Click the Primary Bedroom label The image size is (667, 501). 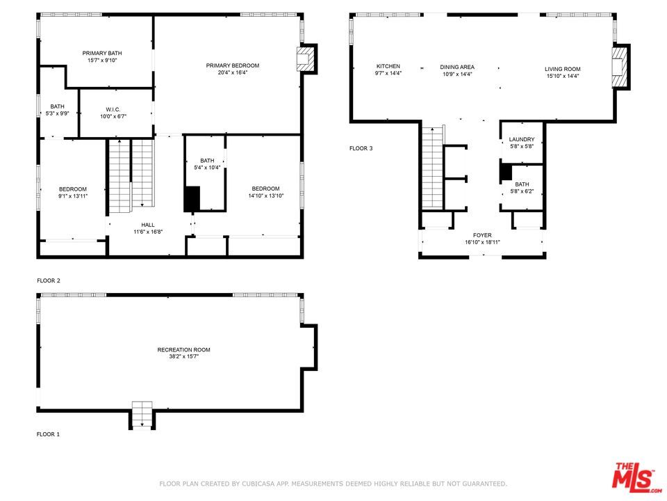pyautogui.click(x=233, y=65)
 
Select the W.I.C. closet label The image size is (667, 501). pyautogui.click(x=114, y=109)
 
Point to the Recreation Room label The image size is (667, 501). pyautogui.click(x=183, y=349)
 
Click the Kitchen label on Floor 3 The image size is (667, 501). pyautogui.click(x=388, y=67)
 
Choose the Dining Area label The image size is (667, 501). pyautogui.click(x=457, y=67)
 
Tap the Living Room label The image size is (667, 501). pyautogui.click(x=562, y=69)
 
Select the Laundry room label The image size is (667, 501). pyautogui.click(x=521, y=140)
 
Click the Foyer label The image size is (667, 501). pyautogui.click(x=482, y=235)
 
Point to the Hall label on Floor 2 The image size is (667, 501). pyautogui.click(x=148, y=225)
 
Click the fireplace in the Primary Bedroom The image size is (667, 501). pyautogui.click(x=305, y=58)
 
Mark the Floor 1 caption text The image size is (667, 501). pyautogui.click(x=49, y=434)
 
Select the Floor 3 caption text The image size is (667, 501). pyautogui.click(x=361, y=148)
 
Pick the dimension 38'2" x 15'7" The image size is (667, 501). pyautogui.click(x=183, y=356)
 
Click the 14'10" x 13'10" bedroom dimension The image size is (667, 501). pyautogui.click(x=265, y=196)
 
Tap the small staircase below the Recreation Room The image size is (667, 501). pyautogui.click(x=142, y=415)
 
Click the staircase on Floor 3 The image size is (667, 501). pyautogui.click(x=433, y=167)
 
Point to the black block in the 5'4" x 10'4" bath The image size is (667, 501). pyautogui.click(x=192, y=199)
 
